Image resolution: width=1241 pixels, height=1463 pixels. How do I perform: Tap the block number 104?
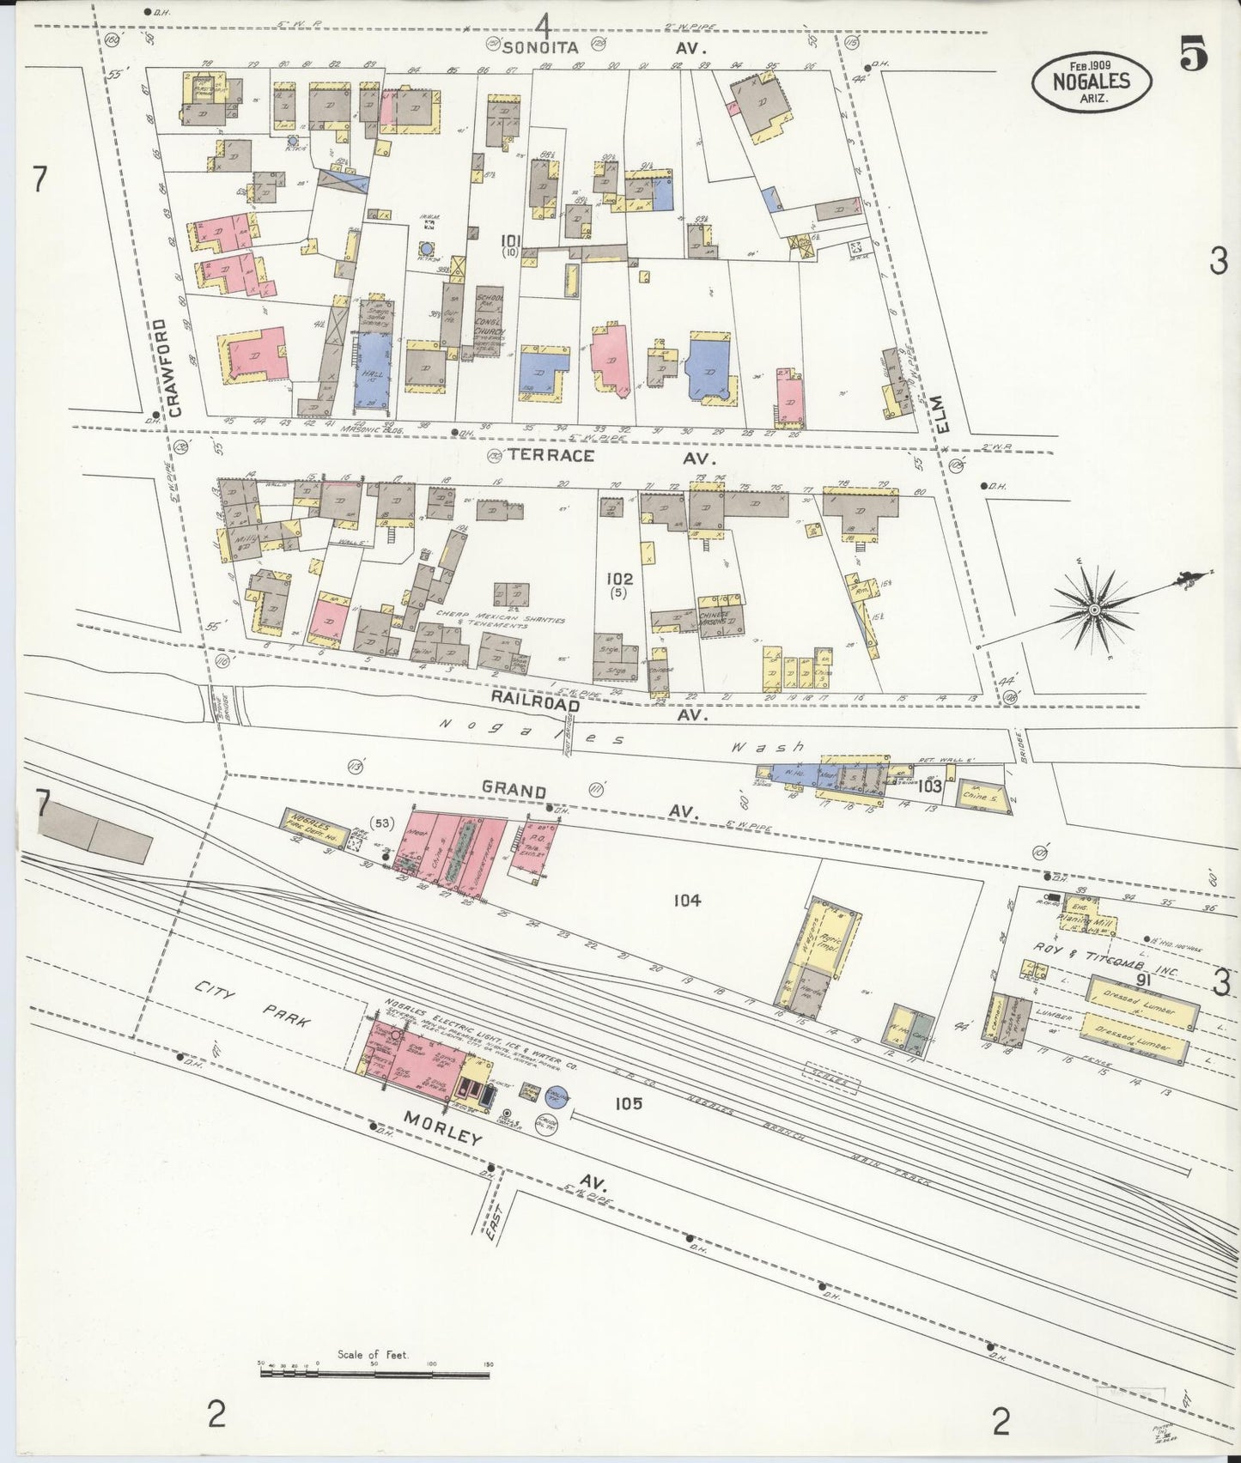click(x=687, y=900)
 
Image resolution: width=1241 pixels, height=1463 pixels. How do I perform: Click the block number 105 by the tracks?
click(x=628, y=1103)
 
